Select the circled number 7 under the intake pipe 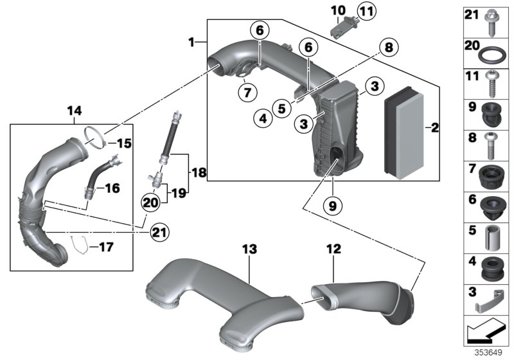point(245,92)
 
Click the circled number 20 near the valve point(150,202)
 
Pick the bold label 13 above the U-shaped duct point(249,248)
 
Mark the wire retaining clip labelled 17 point(78,245)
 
